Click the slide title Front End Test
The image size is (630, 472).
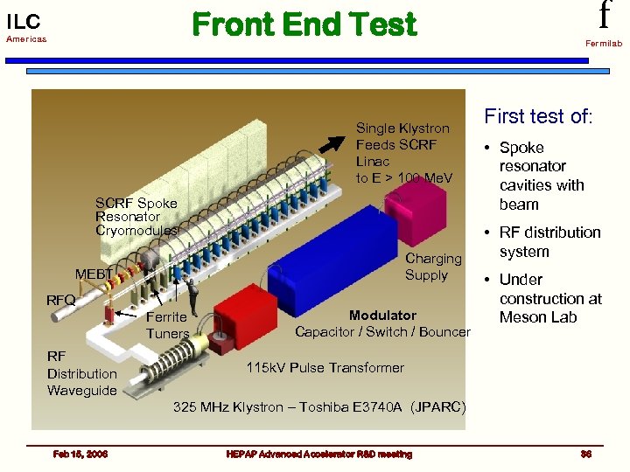tap(304, 24)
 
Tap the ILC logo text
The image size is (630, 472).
tap(24, 21)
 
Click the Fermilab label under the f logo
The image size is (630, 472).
tap(604, 43)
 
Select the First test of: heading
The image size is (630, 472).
tap(538, 116)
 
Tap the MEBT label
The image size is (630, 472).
tap(94, 274)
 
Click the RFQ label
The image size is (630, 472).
tap(61, 301)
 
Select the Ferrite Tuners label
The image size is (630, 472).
tap(166, 325)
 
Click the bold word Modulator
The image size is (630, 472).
tap(382, 315)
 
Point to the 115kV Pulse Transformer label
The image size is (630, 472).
tap(325, 367)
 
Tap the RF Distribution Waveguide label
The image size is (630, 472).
tap(81, 373)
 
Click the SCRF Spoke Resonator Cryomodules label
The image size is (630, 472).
tap(136, 216)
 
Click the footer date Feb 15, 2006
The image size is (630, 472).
tap(79, 454)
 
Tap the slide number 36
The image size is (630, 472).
tap(585, 454)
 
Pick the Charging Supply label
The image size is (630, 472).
tap(432, 267)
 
